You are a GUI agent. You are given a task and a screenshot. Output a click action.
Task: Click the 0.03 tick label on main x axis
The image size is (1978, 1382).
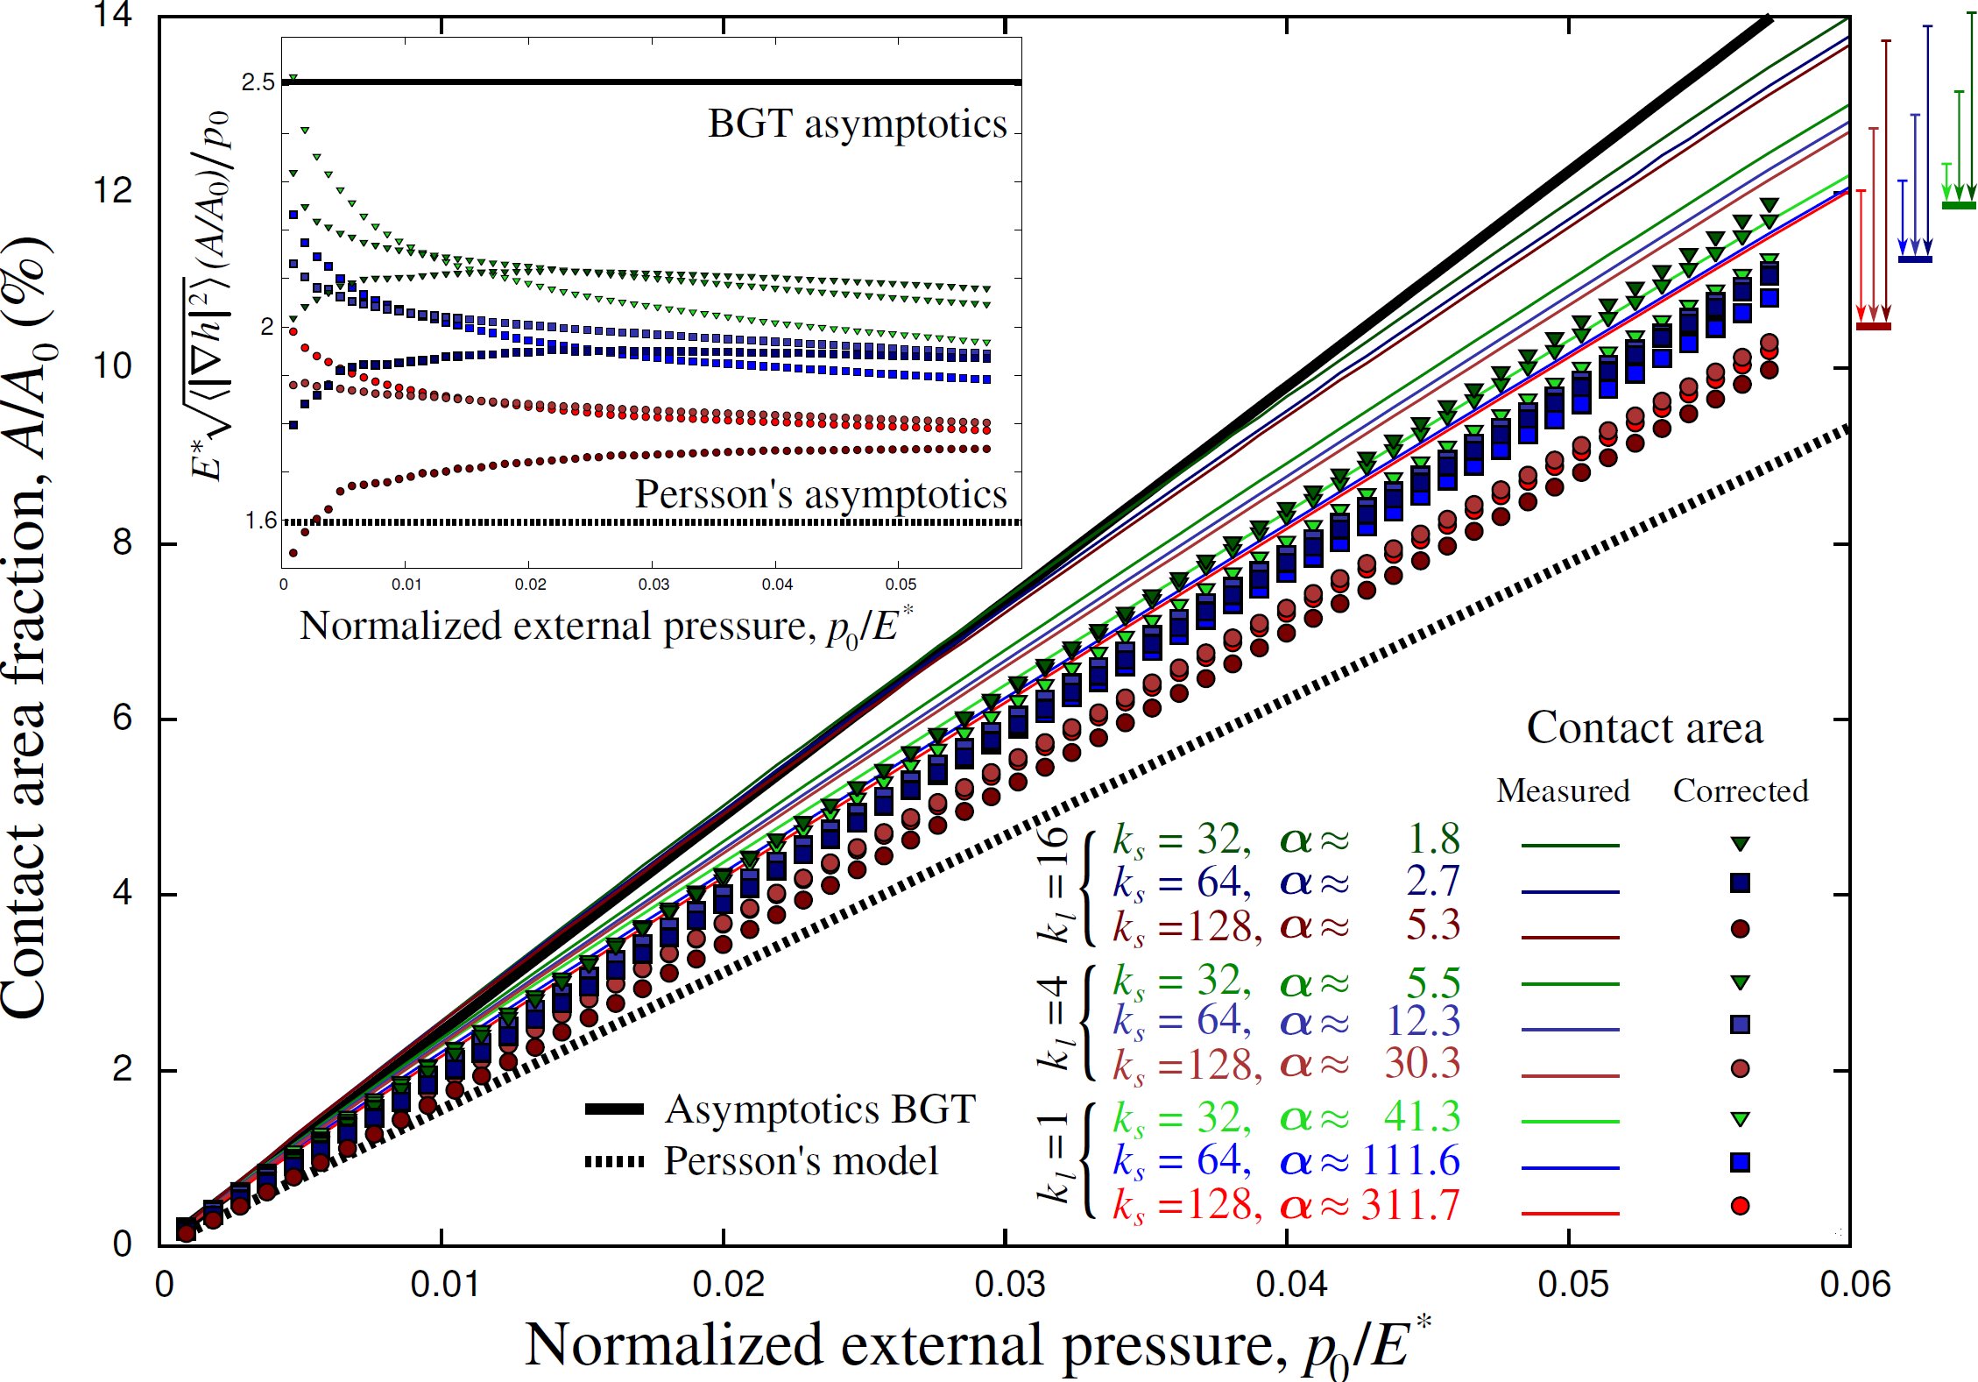coord(1009,1285)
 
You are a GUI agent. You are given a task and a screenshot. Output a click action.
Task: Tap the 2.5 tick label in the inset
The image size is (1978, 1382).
coord(258,82)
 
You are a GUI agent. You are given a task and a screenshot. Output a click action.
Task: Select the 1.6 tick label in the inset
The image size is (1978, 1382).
coord(260,521)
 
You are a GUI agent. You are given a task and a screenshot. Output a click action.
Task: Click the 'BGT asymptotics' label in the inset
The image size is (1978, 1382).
coord(857,124)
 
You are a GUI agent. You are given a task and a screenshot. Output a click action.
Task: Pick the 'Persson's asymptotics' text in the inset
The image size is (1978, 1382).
coord(821,494)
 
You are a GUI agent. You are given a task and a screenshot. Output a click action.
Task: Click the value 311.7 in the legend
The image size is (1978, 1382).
coord(1410,1206)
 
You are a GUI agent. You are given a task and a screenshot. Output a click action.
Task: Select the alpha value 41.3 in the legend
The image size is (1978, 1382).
coord(1422,1117)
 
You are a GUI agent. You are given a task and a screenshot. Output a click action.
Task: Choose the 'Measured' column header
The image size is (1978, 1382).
coord(1563,790)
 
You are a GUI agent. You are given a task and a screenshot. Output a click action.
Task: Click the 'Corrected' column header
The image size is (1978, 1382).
coord(1740,790)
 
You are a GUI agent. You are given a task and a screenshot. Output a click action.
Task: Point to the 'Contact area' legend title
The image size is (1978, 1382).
coord(1644,727)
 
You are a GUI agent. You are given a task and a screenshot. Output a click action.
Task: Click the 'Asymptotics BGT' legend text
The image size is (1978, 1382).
coord(820,1109)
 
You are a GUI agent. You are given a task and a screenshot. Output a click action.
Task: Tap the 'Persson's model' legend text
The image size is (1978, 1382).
coord(801,1161)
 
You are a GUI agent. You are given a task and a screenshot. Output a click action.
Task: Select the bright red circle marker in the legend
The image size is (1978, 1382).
coord(1740,1206)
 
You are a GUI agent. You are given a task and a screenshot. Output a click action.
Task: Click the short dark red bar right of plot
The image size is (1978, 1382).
coord(1873,327)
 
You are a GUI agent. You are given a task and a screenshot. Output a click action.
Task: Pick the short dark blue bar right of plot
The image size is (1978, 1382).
coord(1914,259)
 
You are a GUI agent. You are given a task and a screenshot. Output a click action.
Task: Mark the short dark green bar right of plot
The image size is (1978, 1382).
coord(1959,205)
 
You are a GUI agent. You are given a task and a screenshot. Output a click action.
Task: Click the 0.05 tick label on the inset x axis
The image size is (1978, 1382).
coord(901,585)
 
